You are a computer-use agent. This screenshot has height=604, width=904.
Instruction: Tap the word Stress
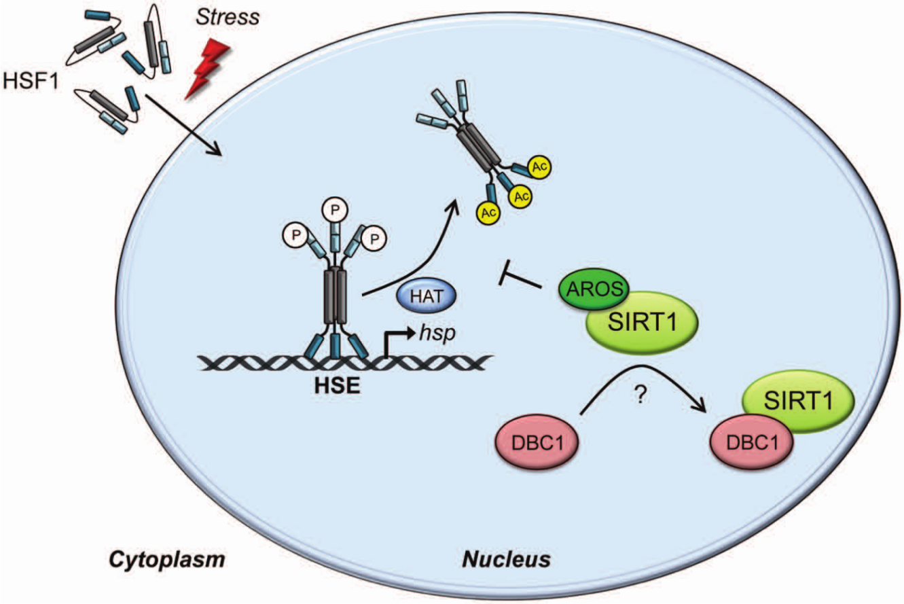(228, 17)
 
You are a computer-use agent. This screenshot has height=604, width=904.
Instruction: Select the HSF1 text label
(31, 80)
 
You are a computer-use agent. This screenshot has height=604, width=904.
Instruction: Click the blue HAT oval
(427, 296)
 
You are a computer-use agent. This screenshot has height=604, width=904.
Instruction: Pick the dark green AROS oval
(593, 289)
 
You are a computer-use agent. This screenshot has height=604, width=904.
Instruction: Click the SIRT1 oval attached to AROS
(643, 323)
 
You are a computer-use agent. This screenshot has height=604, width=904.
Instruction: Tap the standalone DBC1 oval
(537, 442)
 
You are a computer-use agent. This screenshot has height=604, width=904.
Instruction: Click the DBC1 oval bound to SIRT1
(751, 442)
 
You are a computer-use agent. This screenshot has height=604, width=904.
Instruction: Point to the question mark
(640, 395)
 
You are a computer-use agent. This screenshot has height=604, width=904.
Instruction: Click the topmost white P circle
(335, 209)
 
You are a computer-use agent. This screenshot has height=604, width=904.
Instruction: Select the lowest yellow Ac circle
(488, 213)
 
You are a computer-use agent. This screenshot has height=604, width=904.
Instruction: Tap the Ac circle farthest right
(539, 166)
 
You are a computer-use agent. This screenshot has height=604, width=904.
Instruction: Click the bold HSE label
(337, 385)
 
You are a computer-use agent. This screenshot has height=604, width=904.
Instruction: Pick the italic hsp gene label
(437, 334)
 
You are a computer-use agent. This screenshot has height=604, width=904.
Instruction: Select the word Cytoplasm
(166, 561)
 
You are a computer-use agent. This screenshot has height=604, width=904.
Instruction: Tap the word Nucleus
(507, 560)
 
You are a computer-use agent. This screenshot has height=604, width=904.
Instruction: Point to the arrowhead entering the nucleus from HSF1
(216, 149)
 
